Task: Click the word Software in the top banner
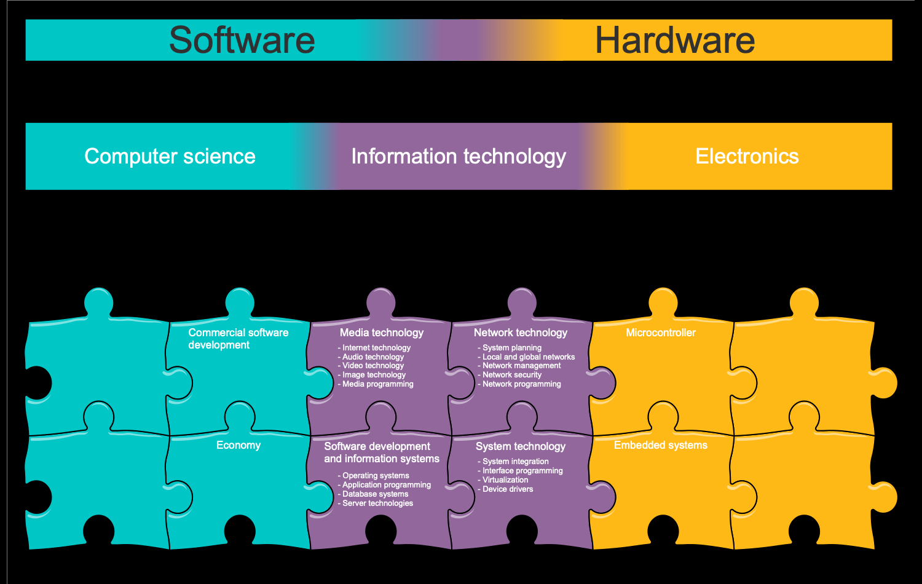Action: coord(242,41)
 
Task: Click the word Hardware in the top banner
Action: coord(674,41)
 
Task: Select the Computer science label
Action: coord(170,156)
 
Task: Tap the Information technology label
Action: coord(459,156)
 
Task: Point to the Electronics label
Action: coord(747,156)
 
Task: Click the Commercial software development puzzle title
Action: coord(238,339)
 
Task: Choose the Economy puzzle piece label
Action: coord(238,445)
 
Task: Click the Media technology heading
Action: coord(382,333)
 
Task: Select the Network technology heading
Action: coord(521,333)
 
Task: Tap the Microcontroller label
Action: coord(661,333)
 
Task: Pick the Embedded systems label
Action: coord(661,445)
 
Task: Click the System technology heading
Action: coord(521,446)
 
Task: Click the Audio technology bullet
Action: coord(373,357)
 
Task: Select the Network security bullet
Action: coord(512,374)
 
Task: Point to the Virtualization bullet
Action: coord(505,479)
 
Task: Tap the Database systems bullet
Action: coord(375,494)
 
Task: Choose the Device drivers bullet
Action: coord(508,489)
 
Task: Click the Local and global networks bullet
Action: coord(529,357)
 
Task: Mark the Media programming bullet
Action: coord(377,384)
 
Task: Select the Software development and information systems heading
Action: coord(382,452)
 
